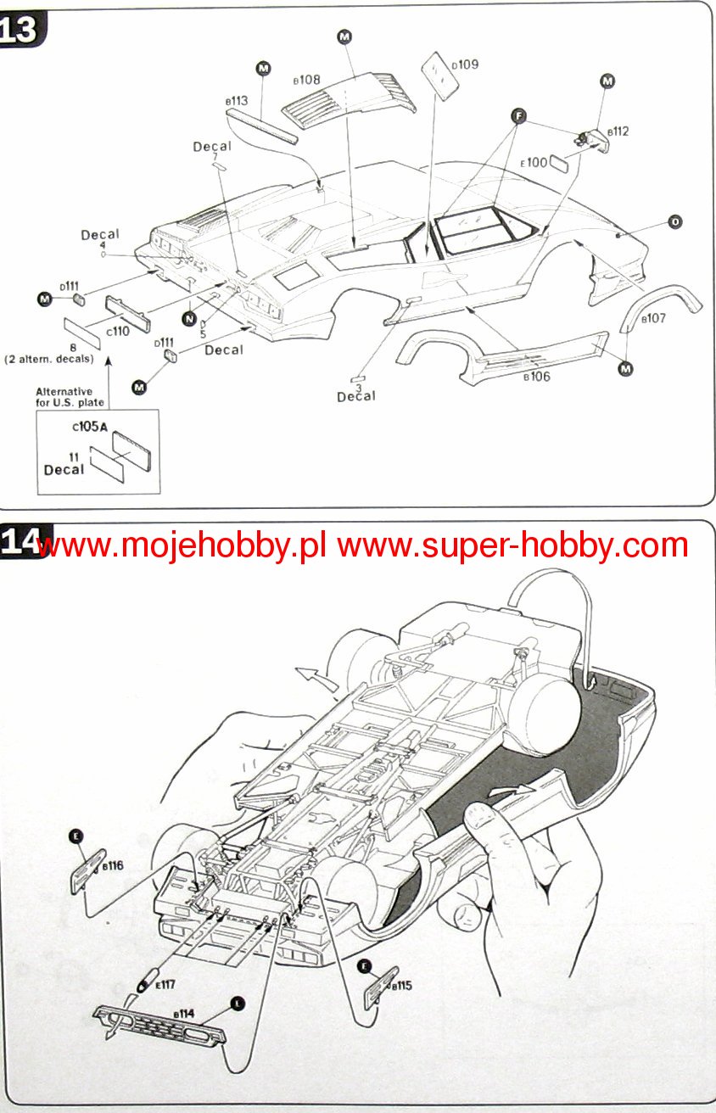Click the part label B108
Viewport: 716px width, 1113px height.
click(306, 80)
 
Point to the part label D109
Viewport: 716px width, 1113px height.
click(465, 64)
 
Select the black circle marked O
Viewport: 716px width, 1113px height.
click(675, 222)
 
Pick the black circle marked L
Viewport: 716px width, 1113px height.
click(237, 1003)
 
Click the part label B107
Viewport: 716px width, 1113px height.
click(654, 318)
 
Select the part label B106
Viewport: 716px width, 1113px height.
click(536, 377)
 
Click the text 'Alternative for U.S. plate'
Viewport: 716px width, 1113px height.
click(70, 397)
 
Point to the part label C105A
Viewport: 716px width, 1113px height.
click(90, 428)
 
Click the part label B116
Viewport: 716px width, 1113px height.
click(112, 866)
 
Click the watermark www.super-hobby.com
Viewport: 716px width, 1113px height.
click(512, 545)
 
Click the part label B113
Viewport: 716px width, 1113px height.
click(237, 100)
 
